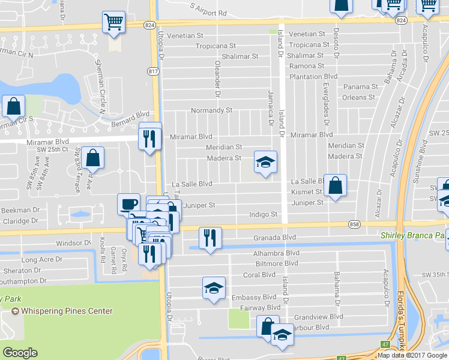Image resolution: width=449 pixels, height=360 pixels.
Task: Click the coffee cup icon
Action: click(x=128, y=203)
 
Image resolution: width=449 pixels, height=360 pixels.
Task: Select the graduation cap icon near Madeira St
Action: click(x=265, y=161)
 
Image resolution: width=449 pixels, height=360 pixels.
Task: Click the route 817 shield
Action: click(x=154, y=71)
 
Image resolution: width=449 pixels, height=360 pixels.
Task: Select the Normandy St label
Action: click(x=211, y=110)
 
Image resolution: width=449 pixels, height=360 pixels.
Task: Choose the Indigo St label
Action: click(x=264, y=214)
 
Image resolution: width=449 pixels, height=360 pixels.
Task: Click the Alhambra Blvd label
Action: click(x=277, y=253)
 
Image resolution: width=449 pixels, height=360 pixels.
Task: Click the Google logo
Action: click(x=20, y=352)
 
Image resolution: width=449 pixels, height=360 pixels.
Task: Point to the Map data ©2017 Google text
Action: click(x=412, y=355)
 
